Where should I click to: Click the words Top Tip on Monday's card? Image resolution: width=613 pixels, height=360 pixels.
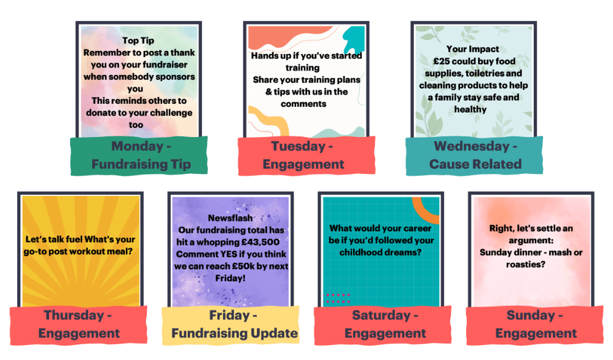(x=138, y=41)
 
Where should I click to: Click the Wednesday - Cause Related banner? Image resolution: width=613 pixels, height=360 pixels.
(x=475, y=155)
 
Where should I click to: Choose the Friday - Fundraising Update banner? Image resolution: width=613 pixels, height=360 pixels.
(x=234, y=324)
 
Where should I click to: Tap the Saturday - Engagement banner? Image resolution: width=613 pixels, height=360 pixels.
(x=385, y=324)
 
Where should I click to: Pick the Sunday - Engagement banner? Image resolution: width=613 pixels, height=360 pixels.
(x=536, y=324)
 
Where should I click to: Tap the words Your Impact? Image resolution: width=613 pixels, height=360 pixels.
(x=472, y=49)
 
